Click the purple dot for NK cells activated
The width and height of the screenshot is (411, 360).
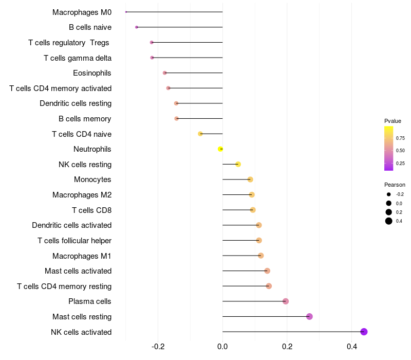364,332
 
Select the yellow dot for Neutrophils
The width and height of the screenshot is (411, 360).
220,149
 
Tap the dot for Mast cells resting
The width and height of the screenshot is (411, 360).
309,316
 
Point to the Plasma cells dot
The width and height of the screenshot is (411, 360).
286,301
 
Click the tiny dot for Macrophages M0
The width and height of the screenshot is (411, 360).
126,12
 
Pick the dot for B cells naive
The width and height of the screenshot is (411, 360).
137,27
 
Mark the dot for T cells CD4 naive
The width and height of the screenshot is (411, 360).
200,134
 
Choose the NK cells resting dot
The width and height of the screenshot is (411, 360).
238,164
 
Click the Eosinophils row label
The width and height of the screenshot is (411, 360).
92,73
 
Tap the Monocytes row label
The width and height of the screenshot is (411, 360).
92,179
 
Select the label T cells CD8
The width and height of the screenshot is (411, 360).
92,210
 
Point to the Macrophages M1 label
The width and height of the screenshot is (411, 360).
82,256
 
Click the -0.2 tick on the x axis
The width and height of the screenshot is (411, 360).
158,347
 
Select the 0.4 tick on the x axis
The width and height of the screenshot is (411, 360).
352,347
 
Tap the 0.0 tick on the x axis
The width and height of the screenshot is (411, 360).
222,347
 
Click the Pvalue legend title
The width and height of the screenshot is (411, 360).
393,121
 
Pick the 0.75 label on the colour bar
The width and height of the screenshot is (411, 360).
400,138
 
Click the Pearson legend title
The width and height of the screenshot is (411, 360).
395,185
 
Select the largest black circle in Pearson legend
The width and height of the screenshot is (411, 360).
389,221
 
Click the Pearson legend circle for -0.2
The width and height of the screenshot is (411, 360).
389,194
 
